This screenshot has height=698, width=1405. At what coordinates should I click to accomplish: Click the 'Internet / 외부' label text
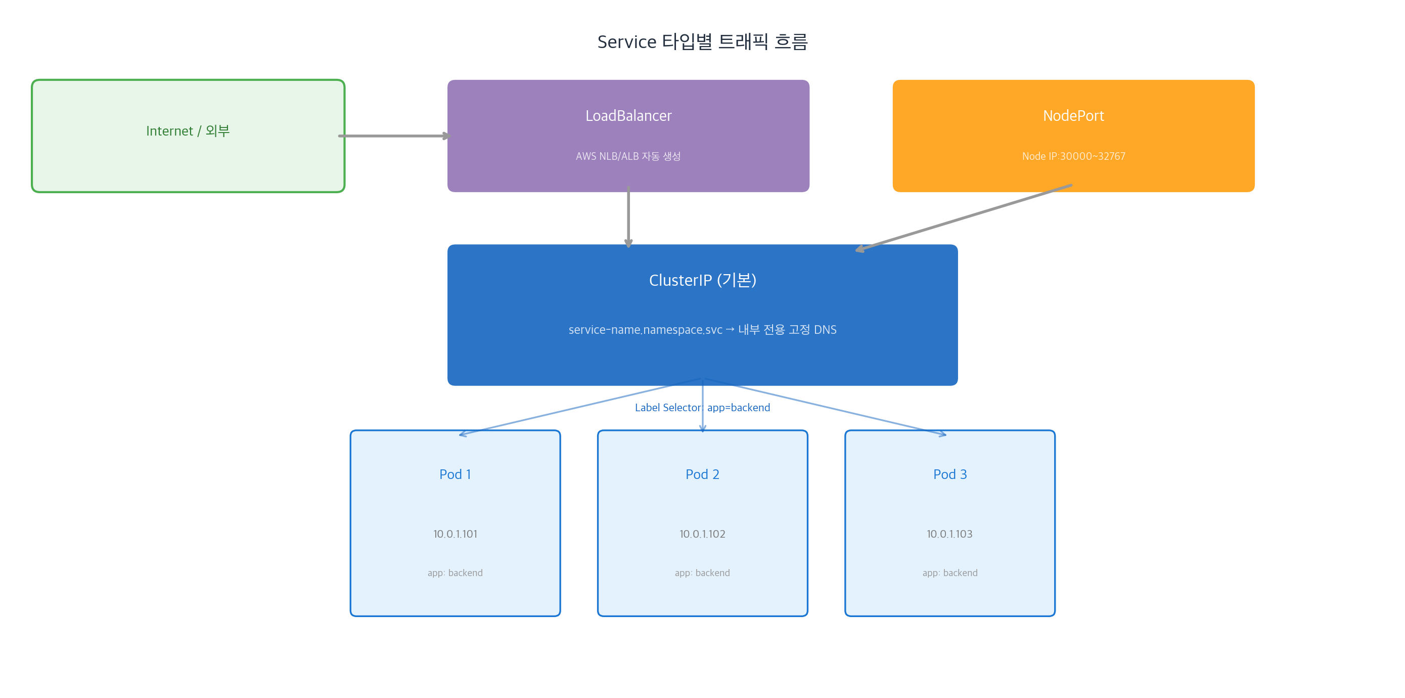coord(188,131)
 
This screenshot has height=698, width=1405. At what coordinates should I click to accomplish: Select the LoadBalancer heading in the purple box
coord(628,116)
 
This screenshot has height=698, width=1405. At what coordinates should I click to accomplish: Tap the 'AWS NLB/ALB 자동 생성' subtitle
coord(628,156)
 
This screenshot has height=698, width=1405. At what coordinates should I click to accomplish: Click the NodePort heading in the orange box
coord(1073,116)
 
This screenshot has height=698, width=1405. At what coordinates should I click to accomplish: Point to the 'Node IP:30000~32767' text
coord(1073,156)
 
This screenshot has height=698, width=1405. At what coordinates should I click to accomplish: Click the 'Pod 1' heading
coord(455,474)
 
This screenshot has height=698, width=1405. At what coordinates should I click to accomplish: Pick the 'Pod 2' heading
coord(702,474)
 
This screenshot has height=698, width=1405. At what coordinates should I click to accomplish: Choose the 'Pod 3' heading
coord(949,474)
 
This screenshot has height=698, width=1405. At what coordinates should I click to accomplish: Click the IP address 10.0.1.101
coord(455,534)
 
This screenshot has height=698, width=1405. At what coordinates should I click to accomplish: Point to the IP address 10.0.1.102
coord(702,534)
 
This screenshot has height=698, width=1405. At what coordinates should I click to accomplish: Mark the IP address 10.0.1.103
coord(949,534)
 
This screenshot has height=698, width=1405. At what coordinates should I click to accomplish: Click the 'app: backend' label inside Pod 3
coord(949,573)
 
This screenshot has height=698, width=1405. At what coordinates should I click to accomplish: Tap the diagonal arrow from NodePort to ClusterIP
coord(964,217)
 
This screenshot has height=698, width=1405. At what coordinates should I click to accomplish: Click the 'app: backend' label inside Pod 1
coord(455,573)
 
